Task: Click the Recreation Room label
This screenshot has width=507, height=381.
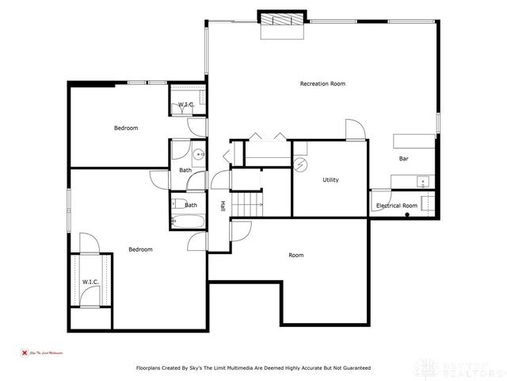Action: tap(322, 83)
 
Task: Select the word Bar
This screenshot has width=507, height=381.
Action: tap(403, 158)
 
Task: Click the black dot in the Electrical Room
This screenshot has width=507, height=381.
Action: tap(407, 214)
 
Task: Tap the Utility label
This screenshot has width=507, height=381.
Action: tap(330, 180)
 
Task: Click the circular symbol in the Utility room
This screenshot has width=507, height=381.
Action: tap(301, 164)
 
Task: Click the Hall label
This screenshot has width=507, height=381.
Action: tap(223, 206)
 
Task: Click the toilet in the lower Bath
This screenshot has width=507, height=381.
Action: tap(175, 203)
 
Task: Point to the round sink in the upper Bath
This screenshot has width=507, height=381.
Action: tap(199, 154)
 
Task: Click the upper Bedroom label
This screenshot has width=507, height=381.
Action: tap(126, 128)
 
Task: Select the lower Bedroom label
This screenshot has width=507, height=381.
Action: tap(140, 249)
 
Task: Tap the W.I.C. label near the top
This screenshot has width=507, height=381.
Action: tap(186, 105)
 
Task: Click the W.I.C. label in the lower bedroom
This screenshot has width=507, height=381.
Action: tap(90, 282)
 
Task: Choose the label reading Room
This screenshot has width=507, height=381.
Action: tap(295, 255)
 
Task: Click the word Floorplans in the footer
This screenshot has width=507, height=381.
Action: tap(151, 368)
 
